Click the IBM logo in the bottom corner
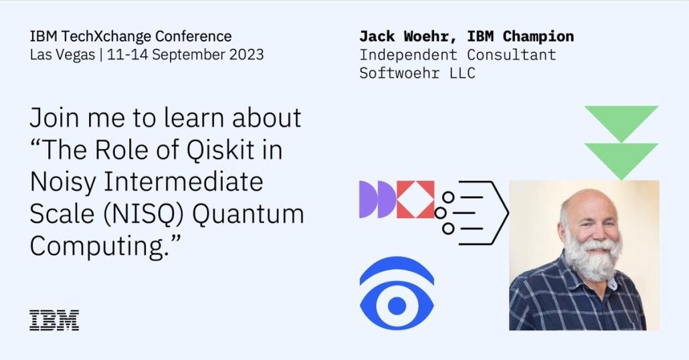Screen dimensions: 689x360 (x=54, y=320)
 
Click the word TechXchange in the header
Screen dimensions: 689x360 (x=106, y=36)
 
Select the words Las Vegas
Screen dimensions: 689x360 (x=62, y=55)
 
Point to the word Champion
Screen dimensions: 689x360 (x=538, y=37)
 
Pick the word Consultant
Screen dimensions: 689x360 (x=512, y=55)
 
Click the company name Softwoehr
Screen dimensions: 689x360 (x=399, y=73)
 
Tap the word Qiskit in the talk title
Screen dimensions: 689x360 (x=221, y=150)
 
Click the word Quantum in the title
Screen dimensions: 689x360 (x=248, y=214)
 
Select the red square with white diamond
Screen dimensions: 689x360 (x=415, y=199)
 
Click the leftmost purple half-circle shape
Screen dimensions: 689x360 (x=367, y=199)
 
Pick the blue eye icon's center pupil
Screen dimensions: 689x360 (x=397, y=306)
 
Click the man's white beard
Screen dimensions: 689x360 (x=592, y=259)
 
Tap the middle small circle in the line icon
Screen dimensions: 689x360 (x=440, y=213)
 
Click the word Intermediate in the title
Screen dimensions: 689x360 (x=183, y=182)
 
